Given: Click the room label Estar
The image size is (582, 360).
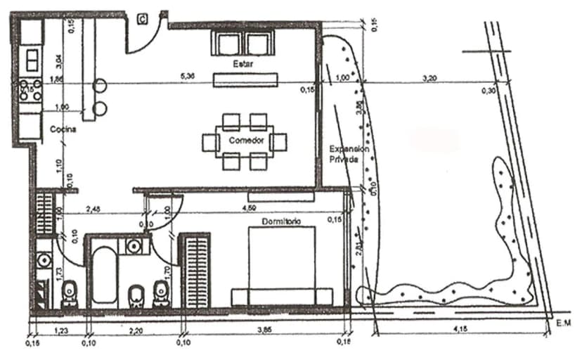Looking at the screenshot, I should click(x=243, y=64).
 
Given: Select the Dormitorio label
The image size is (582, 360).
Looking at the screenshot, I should click(x=281, y=221).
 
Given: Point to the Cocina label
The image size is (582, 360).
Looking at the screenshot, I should click(x=63, y=130).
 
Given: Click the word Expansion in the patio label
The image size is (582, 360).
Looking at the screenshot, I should click(x=344, y=149).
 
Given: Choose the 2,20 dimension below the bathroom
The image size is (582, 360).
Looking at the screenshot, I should click(x=136, y=328).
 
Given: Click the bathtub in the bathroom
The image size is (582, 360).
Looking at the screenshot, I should click(x=104, y=275).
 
